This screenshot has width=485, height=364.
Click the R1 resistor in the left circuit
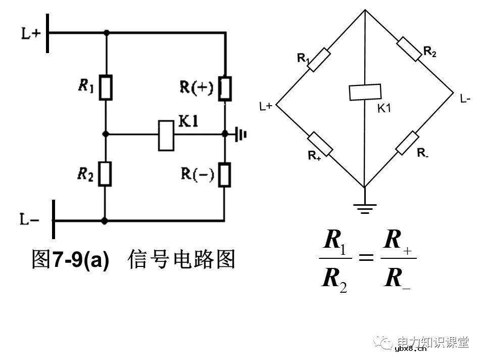click(x=106, y=87)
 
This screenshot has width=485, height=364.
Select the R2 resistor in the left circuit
click(x=106, y=173)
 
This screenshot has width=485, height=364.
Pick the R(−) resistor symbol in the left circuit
click(x=225, y=174)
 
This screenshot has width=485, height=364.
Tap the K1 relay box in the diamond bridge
click(x=365, y=93)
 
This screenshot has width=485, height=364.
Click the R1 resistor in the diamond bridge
click(x=319, y=61)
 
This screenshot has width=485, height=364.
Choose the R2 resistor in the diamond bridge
click(x=409, y=49)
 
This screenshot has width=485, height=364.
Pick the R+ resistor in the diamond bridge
click(x=320, y=144)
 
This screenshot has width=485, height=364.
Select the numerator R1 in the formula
click(x=333, y=241)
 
